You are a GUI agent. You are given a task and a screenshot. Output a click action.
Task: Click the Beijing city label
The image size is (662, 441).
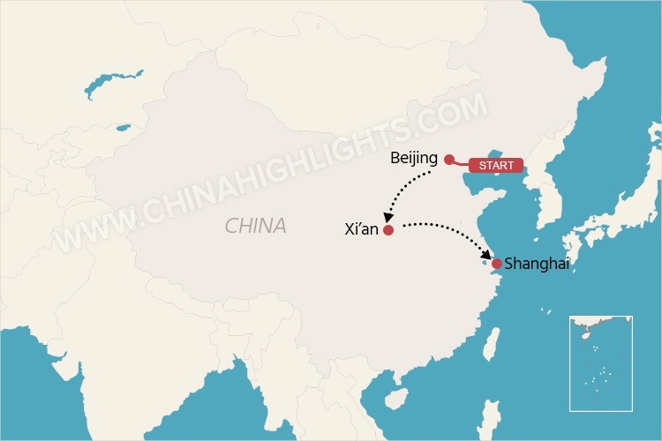click(x=413, y=159)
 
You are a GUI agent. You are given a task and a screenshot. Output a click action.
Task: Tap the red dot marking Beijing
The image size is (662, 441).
click(x=449, y=160)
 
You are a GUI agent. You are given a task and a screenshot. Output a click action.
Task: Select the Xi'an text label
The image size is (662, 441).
click(x=362, y=229)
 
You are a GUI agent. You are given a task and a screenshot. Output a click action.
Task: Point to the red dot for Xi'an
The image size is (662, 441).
click(x=388, y=230)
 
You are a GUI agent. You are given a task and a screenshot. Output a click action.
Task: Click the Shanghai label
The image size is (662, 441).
click(x=537, y=264)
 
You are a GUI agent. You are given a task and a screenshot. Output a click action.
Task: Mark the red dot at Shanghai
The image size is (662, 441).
click(x=497, y=264)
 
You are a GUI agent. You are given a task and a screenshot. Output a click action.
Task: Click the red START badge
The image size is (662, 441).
click(x=495, y=165)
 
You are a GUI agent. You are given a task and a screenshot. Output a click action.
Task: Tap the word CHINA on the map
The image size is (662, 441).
click(x=255, y=226)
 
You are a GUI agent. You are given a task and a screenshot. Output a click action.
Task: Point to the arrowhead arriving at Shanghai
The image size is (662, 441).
click(x=488, y=256)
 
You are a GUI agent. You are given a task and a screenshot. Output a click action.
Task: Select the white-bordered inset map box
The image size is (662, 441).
click(x=600, y=363)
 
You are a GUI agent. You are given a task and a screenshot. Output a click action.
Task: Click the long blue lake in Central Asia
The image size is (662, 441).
click(x=116, y=82)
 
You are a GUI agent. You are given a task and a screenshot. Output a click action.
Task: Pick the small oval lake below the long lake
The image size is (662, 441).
click(x=121, y=129)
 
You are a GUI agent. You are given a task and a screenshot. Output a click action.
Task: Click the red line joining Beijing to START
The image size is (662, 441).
click(x=461, y=163)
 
